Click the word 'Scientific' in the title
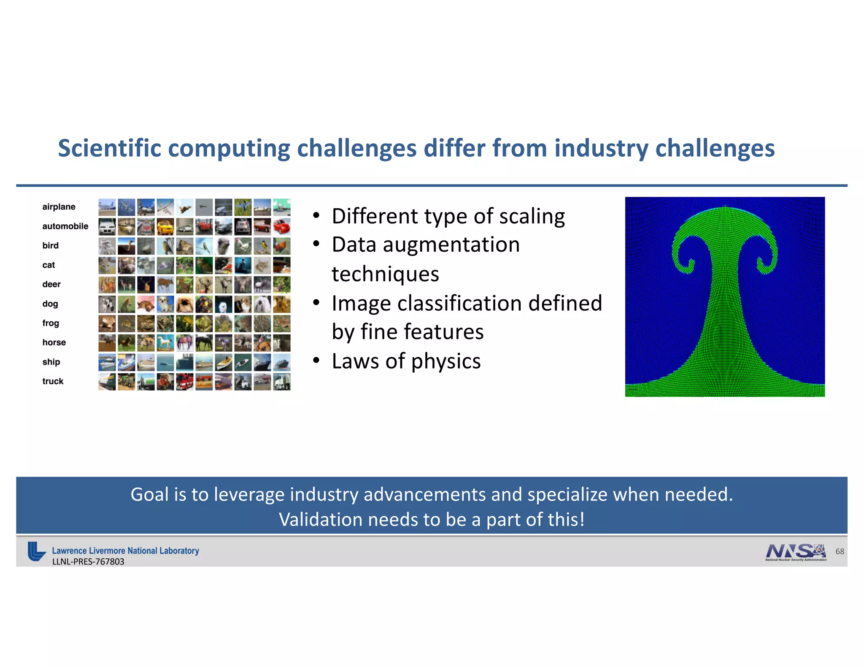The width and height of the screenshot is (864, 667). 109,148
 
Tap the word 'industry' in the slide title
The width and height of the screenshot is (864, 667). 601,148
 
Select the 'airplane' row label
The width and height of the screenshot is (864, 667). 59,207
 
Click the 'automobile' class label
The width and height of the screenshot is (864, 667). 65,226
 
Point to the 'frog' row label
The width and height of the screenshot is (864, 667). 51,323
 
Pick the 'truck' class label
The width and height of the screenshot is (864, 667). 53,381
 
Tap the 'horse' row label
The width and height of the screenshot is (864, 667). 54,342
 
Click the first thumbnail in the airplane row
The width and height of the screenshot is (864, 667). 107,207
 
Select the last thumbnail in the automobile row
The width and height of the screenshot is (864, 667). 281,226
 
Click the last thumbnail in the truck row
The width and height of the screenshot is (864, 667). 281,382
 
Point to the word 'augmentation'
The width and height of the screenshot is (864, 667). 451,245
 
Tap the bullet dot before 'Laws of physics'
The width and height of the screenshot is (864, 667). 316,360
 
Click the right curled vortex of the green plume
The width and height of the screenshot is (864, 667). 766,257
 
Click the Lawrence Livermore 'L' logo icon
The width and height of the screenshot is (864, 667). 36,551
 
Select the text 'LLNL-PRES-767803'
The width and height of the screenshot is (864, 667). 88,562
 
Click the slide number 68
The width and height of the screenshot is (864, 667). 840,551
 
